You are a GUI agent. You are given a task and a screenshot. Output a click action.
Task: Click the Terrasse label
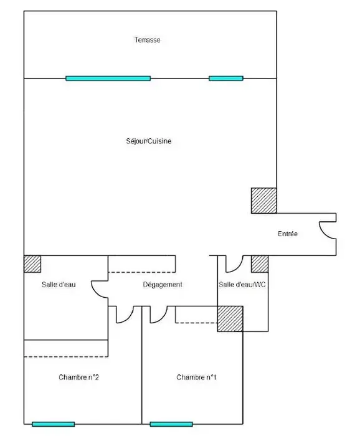pos(148,40)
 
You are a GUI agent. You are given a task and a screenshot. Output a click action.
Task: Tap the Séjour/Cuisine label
pos(149,141)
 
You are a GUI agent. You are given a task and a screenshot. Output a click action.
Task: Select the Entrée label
pos(288,234)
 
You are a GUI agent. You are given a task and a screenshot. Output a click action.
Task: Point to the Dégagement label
pos(163,285)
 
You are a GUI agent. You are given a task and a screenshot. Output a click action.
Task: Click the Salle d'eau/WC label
pos(242,285)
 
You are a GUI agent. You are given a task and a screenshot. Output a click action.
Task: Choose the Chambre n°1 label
pos(196,377)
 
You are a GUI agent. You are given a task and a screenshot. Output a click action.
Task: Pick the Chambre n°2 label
pos(78,377)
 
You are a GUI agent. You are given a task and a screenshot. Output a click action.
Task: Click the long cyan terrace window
pos(108,78)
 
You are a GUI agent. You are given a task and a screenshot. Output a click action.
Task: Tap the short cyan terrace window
pos(226,78)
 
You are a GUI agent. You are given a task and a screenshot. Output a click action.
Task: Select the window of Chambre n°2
pos(54,424)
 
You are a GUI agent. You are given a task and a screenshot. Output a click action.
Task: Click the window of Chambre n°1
pos(171,424)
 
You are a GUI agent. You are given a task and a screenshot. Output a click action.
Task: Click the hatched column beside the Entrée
pos(264,201)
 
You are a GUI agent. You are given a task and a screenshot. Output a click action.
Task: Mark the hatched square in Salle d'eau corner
pos(32,264)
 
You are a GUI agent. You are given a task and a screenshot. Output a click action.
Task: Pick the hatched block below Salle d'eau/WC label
pos(230,319)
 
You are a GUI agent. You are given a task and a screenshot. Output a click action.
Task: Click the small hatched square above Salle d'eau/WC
pos(260,264)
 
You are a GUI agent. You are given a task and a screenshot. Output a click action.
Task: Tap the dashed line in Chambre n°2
pos(66,356)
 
